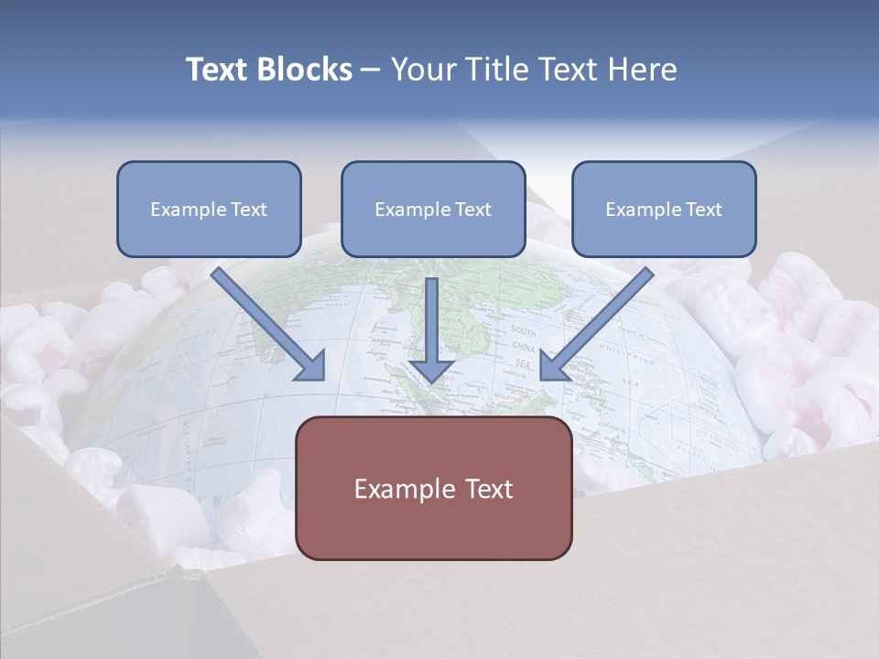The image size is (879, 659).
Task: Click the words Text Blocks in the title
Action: pos(268,70)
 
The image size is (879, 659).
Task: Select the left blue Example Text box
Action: pos(209,209)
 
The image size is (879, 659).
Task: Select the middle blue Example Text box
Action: pos(433,209)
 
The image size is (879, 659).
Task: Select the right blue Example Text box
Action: pos(664,209)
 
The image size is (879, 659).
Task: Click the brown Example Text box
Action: pos(433,489)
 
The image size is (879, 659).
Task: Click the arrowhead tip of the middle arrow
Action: pos(431,380)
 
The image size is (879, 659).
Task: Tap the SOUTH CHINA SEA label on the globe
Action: pos(524,347)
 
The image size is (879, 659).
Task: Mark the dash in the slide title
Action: pos(371,70)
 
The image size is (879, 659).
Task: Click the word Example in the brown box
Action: pos(398,489)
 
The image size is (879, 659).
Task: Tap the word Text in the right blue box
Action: pos(703,209)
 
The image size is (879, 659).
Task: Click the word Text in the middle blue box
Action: pos(472,209)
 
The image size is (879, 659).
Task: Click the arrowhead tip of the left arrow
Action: pos(322,379)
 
